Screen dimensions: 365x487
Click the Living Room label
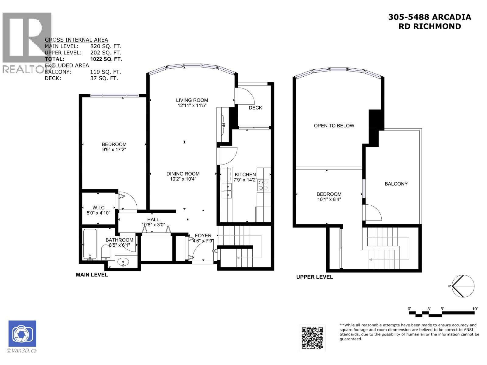(x=192, y=100)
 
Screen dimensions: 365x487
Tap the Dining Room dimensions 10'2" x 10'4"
(x=183, y=179)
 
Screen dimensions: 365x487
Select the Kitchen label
(x=245, y=175)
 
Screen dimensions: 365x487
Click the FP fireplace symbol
(x=223, y=125)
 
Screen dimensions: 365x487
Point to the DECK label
(x=255, y=108)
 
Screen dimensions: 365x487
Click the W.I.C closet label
(x=98, y=208)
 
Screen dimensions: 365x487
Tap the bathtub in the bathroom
(x=90, y=245)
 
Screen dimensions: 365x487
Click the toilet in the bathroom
(x=105, y=252)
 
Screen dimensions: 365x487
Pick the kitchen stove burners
(x=263, y=185)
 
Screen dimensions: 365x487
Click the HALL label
(x=153, y=220)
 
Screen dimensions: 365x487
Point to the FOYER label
(x=203, y=236)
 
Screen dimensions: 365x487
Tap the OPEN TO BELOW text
(x=334, y=126)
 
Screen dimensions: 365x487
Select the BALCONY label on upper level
(x=396, y=184)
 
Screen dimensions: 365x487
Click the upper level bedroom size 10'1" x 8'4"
(x=329, y=200)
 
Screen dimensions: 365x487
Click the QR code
(x=312, y=338)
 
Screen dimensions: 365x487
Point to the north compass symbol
(x=463, y=286)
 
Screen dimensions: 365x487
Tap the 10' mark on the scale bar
(x=475, y=309)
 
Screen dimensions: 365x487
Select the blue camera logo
(x=22, y=334)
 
